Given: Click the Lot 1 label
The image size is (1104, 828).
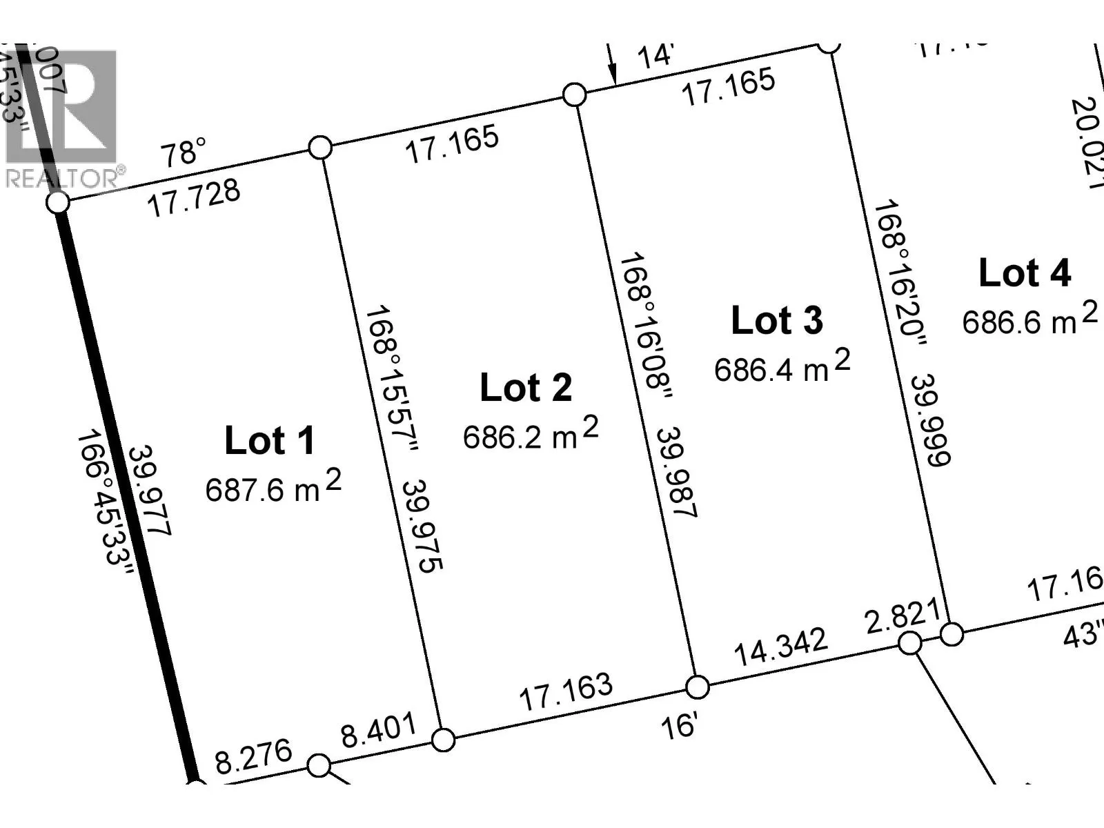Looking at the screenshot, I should (270, 440).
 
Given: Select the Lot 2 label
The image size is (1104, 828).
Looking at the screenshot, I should (526, 387).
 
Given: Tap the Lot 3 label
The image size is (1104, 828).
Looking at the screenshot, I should (777, 321).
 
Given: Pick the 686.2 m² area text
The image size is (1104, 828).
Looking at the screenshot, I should (530, 435).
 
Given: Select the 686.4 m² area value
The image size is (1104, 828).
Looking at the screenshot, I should (782, 367).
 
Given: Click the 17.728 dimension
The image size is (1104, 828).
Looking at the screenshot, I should (195, 197).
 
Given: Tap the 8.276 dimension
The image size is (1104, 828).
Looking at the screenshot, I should (253, 757).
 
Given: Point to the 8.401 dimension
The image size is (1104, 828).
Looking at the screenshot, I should (379, 731).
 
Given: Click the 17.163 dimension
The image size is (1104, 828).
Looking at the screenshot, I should (565, 691).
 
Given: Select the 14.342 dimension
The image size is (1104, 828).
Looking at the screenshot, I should (780, 647).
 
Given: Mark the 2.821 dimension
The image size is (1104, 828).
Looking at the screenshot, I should (902, 616).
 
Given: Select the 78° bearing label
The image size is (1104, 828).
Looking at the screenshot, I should (183, 152).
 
